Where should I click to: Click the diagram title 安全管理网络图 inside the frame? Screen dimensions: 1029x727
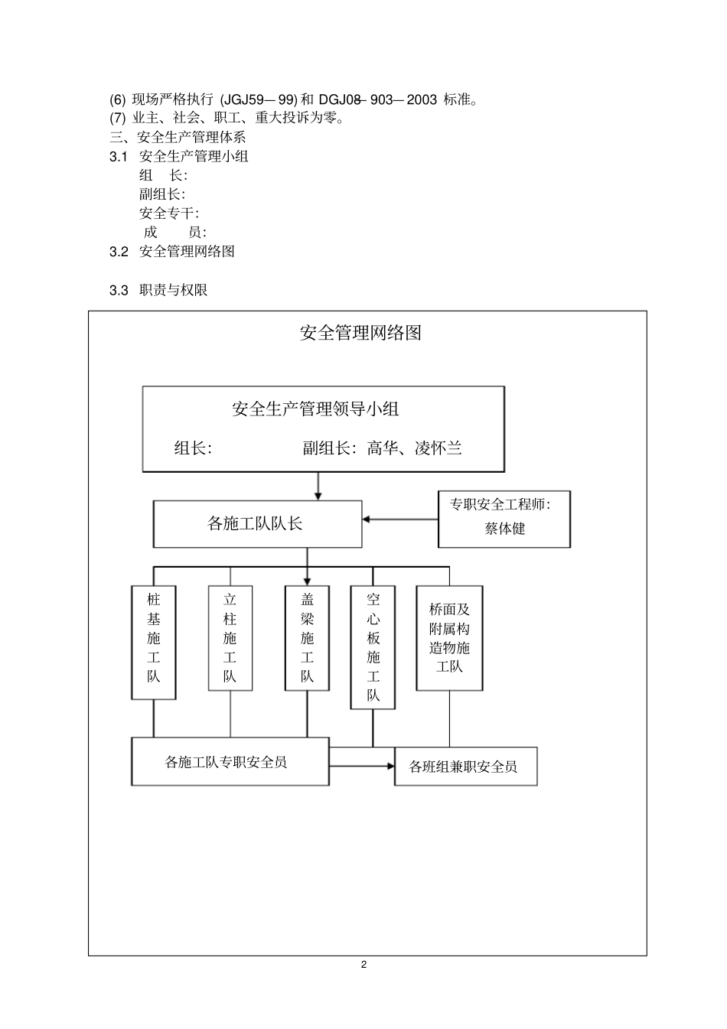(x=360, y=333)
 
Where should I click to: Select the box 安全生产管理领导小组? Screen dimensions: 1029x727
(x=323, y=428)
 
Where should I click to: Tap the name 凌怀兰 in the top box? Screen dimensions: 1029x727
(x=438, y=448)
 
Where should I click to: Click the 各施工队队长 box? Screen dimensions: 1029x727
(x=257, y=524)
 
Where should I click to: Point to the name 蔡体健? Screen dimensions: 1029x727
(x=504, y=529)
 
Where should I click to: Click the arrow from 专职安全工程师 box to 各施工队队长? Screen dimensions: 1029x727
(x=399, y=519)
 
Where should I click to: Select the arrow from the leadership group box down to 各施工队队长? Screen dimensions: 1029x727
(x=318, y=486)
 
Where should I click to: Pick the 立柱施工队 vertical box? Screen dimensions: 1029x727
(x=230, y=638)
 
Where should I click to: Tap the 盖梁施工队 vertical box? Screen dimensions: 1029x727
(x=307, y=638)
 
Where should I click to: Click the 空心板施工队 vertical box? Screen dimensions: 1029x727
(x=373, y=647)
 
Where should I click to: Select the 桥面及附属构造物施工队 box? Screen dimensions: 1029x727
(x=449, y=638)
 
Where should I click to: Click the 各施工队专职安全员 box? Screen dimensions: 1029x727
(x=230, y=762)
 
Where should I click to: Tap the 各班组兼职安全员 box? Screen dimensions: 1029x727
(x=465, y=767)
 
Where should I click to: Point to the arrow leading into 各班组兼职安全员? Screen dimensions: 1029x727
(x=362, y=766)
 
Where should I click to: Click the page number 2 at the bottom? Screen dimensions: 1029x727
(x=363, y=965)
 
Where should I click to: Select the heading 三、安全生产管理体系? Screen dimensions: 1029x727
(x=178, y=138)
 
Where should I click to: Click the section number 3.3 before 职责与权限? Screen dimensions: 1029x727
(x=119, y=291)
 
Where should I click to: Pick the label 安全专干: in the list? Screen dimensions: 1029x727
(x=169, y=213)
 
